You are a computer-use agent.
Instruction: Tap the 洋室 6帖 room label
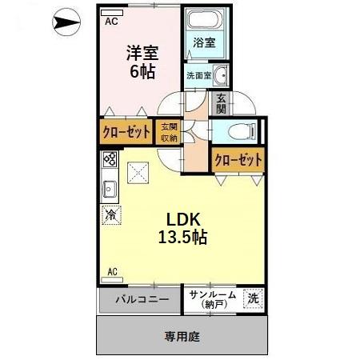point(142,62)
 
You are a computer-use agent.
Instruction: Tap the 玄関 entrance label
point(220,103)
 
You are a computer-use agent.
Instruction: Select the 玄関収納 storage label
point(168,132)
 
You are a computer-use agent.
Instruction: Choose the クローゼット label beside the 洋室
point(126,133)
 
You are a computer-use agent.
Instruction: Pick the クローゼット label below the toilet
point(238,160)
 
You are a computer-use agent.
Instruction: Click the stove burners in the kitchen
point(110,165)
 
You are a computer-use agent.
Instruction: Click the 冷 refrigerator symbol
point(110,214)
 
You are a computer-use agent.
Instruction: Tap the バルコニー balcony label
point(141,301)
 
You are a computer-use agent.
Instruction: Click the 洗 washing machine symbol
point(252,298)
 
